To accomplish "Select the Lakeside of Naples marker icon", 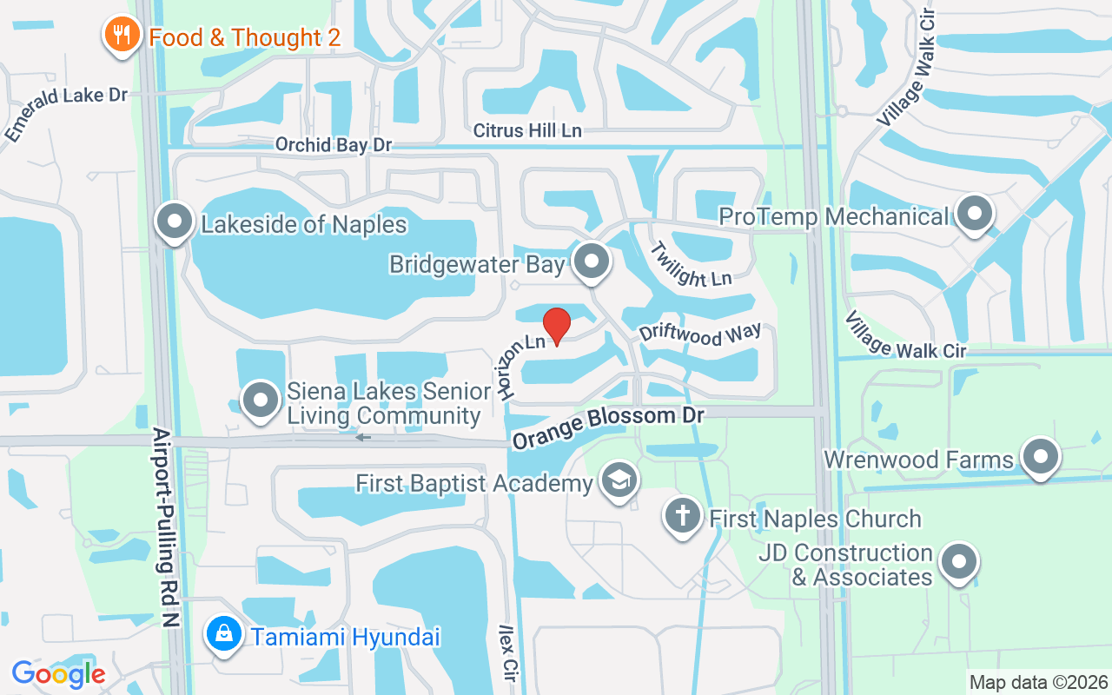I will pos(175,222).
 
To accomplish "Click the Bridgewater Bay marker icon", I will pos(592,260).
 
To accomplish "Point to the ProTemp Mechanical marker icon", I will pos(974,213).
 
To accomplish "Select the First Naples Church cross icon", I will pos(683,516).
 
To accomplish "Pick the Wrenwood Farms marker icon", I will pos(1039,457).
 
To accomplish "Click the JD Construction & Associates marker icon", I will pos(958,561).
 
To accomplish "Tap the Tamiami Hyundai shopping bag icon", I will pos(224,634).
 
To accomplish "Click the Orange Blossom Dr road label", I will pos(607,426).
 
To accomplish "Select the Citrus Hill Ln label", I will pos(527,130).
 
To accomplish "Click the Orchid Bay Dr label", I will pos(334,144).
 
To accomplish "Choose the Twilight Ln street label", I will pos(691,264).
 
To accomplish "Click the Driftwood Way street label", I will pos(700,334).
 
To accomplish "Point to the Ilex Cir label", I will pos(508,652).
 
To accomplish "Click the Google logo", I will pos(58,673).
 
